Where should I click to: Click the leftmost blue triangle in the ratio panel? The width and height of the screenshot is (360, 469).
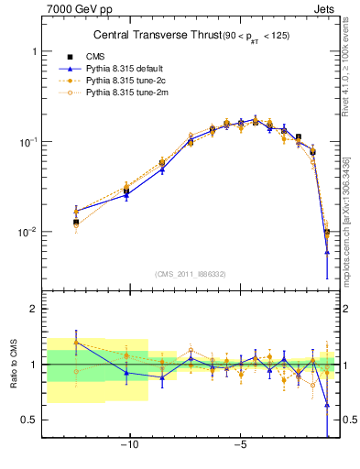[x=76, y=343]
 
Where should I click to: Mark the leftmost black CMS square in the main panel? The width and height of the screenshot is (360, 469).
[x=76, y=223]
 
